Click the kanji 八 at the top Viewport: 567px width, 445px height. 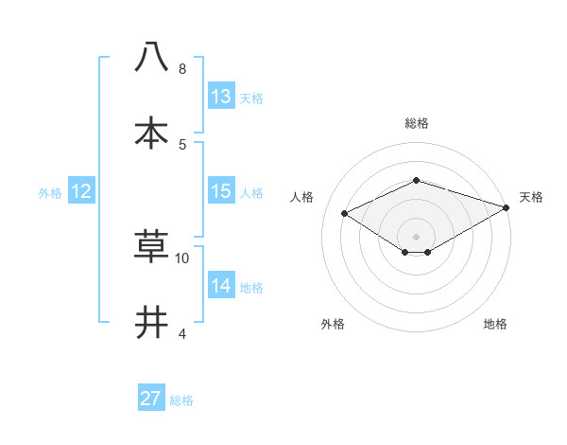151,58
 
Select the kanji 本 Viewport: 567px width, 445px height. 151,133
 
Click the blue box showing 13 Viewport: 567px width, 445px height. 220,97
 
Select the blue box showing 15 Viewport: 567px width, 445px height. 220,191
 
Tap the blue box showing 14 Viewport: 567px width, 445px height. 220,286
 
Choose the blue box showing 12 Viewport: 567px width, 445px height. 80,191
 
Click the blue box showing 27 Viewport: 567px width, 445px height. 151,399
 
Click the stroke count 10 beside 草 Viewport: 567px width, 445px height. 182,258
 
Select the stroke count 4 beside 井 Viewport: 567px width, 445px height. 181,333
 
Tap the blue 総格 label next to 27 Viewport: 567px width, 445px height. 181,400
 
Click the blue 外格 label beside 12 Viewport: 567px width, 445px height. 50,193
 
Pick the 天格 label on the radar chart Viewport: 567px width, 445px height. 531,197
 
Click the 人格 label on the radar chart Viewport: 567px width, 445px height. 302,197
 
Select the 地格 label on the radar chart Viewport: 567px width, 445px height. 495,324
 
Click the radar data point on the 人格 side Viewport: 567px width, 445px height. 345,213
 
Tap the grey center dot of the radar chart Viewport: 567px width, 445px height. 416,236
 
